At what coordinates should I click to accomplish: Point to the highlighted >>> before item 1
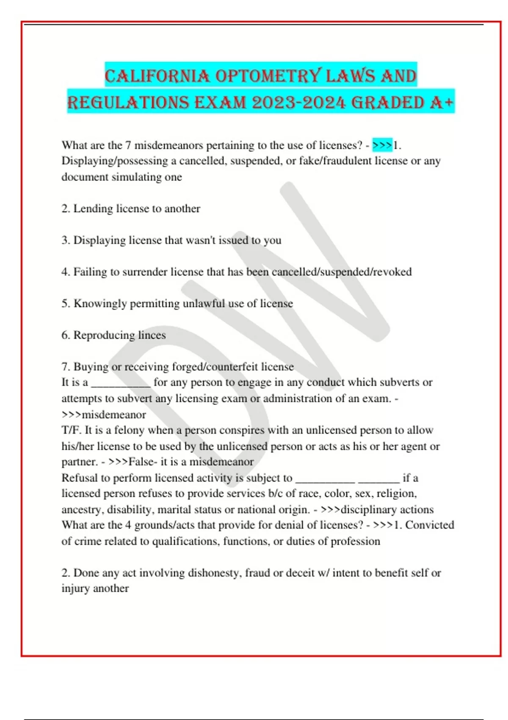click(x=382, y=145)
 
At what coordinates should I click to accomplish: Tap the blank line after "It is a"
click(x=121, y=383)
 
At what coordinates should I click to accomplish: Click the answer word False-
click(x=143, y=462)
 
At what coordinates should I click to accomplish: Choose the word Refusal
click(x=79, y=478)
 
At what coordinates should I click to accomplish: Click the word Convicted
click(x=429, y=525)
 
